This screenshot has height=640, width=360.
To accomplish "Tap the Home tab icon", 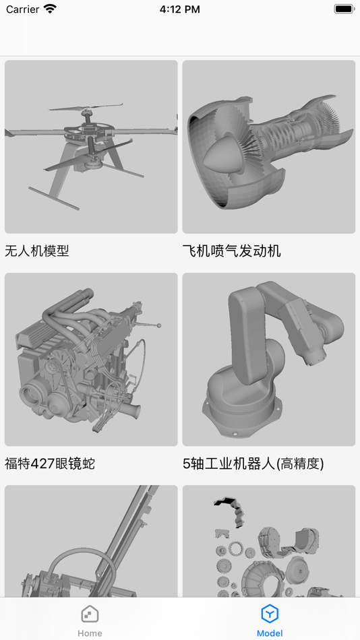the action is (x=90, y=614).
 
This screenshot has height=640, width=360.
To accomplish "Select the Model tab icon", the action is (x=270, y=614).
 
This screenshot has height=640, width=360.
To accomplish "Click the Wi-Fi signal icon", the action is (x=51, y=9).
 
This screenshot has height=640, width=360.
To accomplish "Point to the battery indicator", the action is (x=344, y=9).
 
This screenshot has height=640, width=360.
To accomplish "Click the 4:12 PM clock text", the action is (x=180, y=9).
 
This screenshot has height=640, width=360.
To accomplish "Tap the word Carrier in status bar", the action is (x=22, y=9).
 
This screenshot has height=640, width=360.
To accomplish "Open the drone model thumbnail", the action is (x=91, y=147).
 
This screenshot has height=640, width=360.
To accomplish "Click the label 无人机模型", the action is (x=37, y=251).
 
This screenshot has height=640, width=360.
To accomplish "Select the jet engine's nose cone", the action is (x=220, y=154).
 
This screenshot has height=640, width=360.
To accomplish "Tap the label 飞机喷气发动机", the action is (x=232, y=251).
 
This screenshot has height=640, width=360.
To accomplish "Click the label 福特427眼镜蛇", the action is (x=50, y=463).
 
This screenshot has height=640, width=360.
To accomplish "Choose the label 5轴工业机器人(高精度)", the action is (x=253, y=463).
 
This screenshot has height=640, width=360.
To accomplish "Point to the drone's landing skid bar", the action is (x=53, y=198).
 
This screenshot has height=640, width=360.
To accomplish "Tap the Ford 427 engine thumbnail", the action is (x=91, y=359).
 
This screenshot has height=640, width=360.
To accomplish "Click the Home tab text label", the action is (x=90, y=633).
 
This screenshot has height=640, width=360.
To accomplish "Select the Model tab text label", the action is (x=270, y=633).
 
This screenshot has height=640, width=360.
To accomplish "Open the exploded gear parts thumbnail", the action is (x=269, y=541).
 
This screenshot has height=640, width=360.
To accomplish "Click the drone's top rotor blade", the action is (x=86, y=108).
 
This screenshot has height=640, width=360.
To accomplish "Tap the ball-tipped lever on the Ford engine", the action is (x=147, y=325).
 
